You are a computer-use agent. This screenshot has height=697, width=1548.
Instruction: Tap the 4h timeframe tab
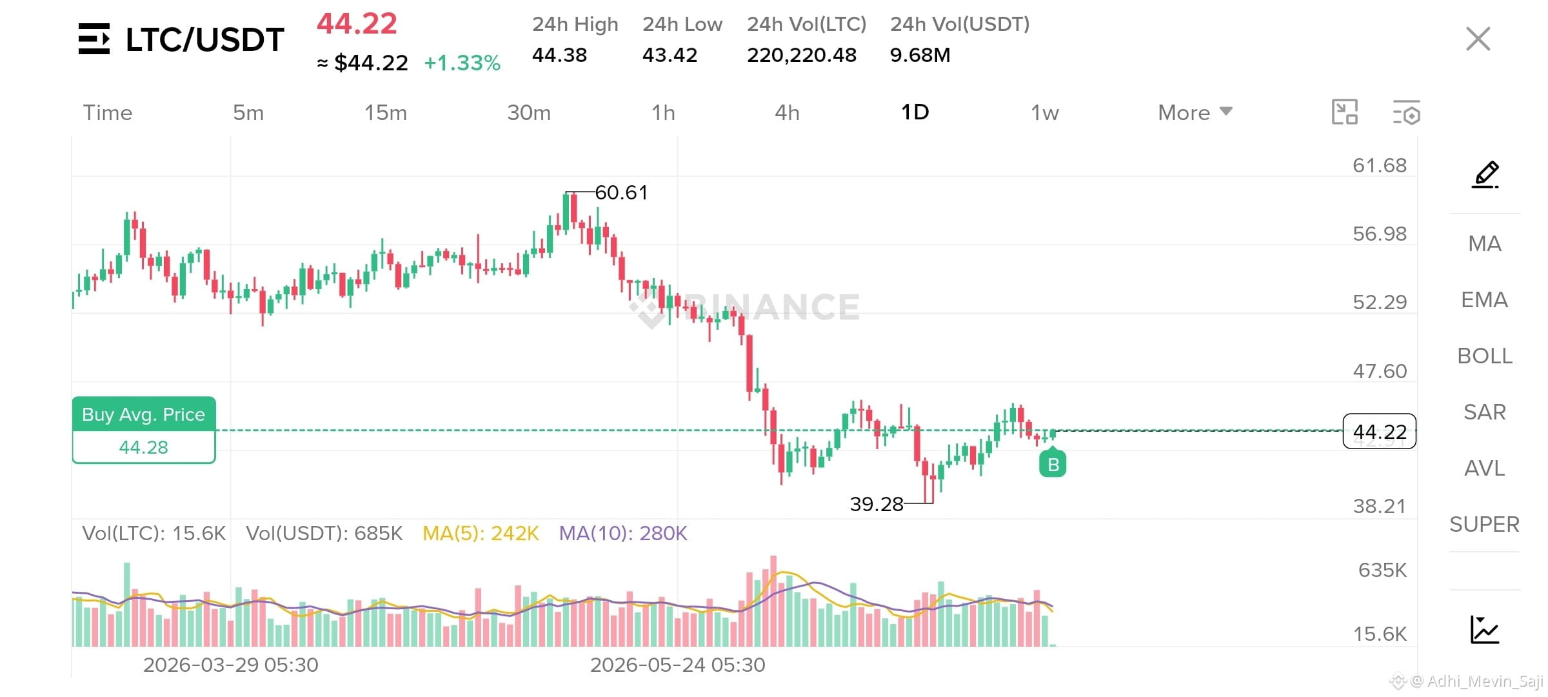[x=787, y=113]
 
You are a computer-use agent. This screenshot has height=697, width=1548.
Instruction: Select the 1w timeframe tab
[x=1045, y=113]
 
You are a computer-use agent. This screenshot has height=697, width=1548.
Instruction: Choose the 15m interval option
[x=386, y=113]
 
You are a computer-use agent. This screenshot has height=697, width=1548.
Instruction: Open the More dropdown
[x=1195, y=113]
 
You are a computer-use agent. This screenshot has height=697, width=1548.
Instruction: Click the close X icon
[x=1478, y=39]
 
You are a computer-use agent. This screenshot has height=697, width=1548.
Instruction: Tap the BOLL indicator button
[x=1485, y=356]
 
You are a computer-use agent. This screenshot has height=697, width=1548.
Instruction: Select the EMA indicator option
[x=1485, y=299]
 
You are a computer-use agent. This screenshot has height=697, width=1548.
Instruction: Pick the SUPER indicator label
[x=1485, y=524]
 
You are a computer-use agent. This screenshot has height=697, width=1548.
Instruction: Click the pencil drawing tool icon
[x=1485, y=174]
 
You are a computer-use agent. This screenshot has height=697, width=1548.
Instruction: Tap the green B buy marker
[x=1053, y=463]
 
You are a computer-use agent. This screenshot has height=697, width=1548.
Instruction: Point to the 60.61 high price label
[x=621, y=192]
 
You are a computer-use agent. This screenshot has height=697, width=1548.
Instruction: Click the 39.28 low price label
[x=877, y=504]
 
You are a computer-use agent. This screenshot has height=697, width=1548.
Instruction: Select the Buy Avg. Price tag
[x=144, y=430]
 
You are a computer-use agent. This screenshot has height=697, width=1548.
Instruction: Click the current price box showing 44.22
[x=1380, y=431]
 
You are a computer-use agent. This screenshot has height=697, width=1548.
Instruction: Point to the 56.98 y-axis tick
[x=1380, y=234]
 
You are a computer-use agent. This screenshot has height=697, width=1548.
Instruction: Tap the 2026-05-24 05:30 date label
[x=678, y=665]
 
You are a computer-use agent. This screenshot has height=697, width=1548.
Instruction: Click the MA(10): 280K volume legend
[x=623, y=533]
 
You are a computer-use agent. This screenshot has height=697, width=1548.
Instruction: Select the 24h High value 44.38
[x=559, y=55]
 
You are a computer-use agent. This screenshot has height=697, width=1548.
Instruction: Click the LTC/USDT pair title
[x=205, y=39]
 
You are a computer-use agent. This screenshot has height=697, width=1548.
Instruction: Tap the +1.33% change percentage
[x=462, y=63]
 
